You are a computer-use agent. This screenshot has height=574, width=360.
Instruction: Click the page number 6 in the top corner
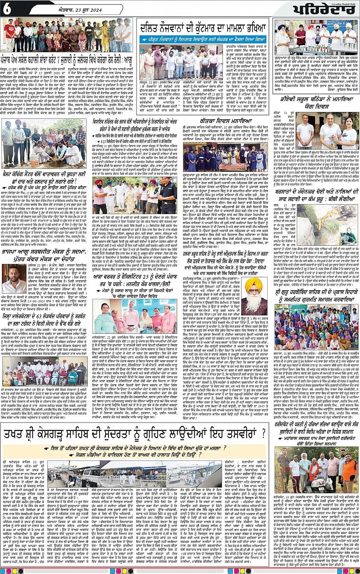click(x=7, y=9)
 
